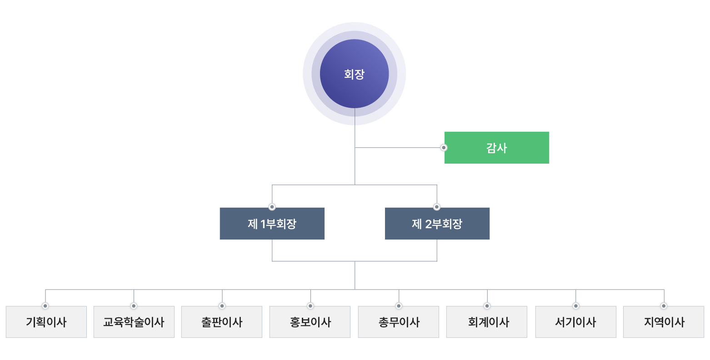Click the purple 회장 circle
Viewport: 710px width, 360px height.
tap(354, 74)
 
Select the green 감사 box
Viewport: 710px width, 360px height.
tap(497, 148)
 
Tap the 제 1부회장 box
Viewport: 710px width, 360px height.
tap(272, 224)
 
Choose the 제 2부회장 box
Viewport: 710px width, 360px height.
tap(437, 224)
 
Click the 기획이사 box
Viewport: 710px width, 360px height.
tap(46, 322)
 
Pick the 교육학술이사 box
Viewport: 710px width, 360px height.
tap(134, 322)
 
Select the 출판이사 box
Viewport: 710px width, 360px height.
tap(222, 322)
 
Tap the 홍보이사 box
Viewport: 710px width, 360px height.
tap(310, 322)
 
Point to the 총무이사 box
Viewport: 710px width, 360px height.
tap(399, 322)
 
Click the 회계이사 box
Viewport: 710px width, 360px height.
tap(487, 322)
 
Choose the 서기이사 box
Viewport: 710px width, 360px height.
tap(575, 322)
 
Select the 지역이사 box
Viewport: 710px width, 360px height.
tap(664, 322)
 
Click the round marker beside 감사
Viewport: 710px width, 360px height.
tap(443, 148)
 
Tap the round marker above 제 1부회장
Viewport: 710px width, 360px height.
tap(272, 207)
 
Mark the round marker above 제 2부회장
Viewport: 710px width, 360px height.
tap(437, 207)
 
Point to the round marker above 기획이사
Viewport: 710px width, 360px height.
tap(45, 305)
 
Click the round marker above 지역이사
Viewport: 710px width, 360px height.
tap(664, 305)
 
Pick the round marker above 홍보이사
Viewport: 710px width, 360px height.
tap(310, 305)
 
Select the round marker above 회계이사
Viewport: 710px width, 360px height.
tap(487, 305)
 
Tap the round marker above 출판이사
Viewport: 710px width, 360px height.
tap(222, 305)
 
